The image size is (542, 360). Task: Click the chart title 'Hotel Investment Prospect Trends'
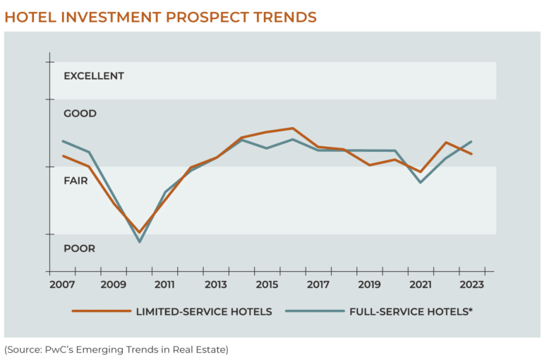(x=160, y=16)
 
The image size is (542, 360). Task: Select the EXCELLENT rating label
(x=94, y=76)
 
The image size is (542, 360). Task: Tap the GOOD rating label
(x=80, y=114)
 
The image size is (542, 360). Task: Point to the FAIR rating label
(x=76, y=181)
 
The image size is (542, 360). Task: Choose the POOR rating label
(x=79, y=248)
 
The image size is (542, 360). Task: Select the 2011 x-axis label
(x=164, y=284)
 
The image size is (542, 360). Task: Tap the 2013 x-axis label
(x=216, y=284)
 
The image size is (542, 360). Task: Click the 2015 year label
(x=267, y=284)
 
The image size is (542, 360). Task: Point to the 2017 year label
(x=318, y=284)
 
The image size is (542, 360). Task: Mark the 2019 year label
(x=369, y=284)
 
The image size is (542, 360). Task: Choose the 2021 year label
(x=421, y=284)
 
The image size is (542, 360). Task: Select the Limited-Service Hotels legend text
(x=204, y=311)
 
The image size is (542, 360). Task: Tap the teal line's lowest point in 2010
(x=140, y=242)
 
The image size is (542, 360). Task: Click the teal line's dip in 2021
(x=421, y=182)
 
